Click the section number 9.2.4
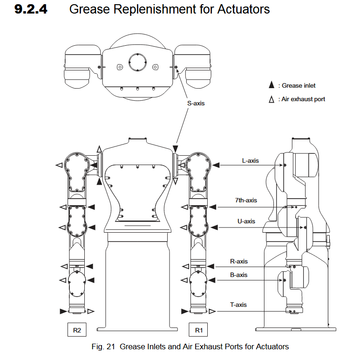[x=31, y=9]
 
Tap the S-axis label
[x=196, y=103]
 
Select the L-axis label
[x=250, y=160]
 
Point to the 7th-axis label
[x=246, y=200]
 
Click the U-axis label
[x=246, y=221]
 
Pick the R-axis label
[x=239, y=261]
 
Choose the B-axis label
[x=239, y=275]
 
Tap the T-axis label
[x=238, y=305]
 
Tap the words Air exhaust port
[x=303, y=99]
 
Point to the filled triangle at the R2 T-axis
[x=63, y=311]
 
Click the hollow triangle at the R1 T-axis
[x=212, y=311]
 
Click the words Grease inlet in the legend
[x=299, y=85]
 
